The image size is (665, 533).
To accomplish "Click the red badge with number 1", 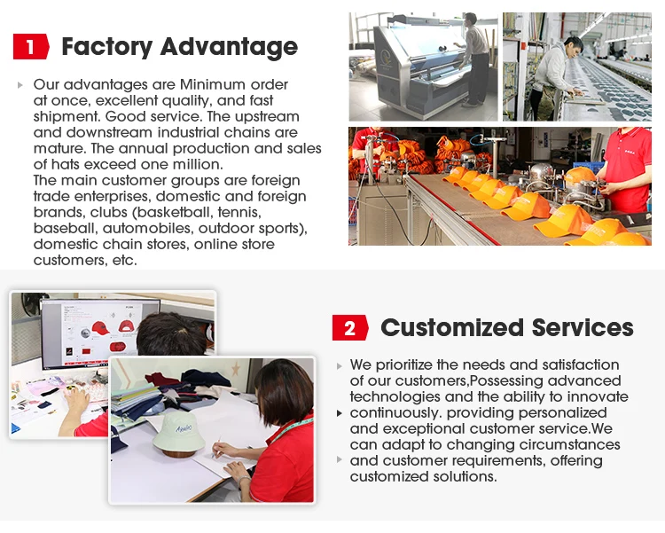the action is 31,46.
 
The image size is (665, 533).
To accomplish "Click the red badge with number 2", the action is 350,327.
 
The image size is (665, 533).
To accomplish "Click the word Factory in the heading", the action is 107,47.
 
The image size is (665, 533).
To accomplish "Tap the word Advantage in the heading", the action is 229,47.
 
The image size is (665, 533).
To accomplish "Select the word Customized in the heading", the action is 452,327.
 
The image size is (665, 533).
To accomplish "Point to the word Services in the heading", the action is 583,327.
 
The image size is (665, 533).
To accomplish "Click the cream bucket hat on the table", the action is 179,433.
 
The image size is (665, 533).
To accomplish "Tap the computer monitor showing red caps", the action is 100,333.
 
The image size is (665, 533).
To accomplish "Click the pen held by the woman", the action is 216,447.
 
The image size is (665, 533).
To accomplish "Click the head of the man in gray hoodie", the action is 573,46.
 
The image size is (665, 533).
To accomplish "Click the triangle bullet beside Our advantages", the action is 20,85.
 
